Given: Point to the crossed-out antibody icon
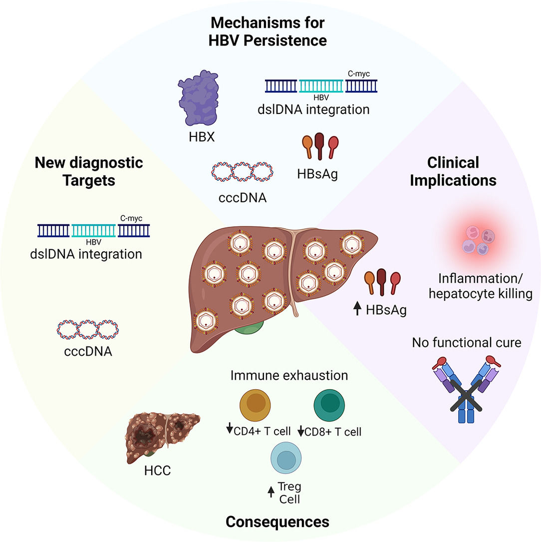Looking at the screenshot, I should tap(454, 390).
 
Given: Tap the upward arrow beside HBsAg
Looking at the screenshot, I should tap(357, 310).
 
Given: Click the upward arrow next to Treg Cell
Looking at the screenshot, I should tap(271, 492).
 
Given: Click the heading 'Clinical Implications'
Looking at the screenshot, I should tap(453, 171).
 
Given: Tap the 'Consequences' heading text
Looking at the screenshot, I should tap(277, 522).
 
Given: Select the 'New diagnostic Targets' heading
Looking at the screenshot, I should tap(88, 171).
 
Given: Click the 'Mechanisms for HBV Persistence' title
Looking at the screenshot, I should tap(268, 31).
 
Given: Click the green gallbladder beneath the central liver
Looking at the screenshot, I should tap(249, 329).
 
